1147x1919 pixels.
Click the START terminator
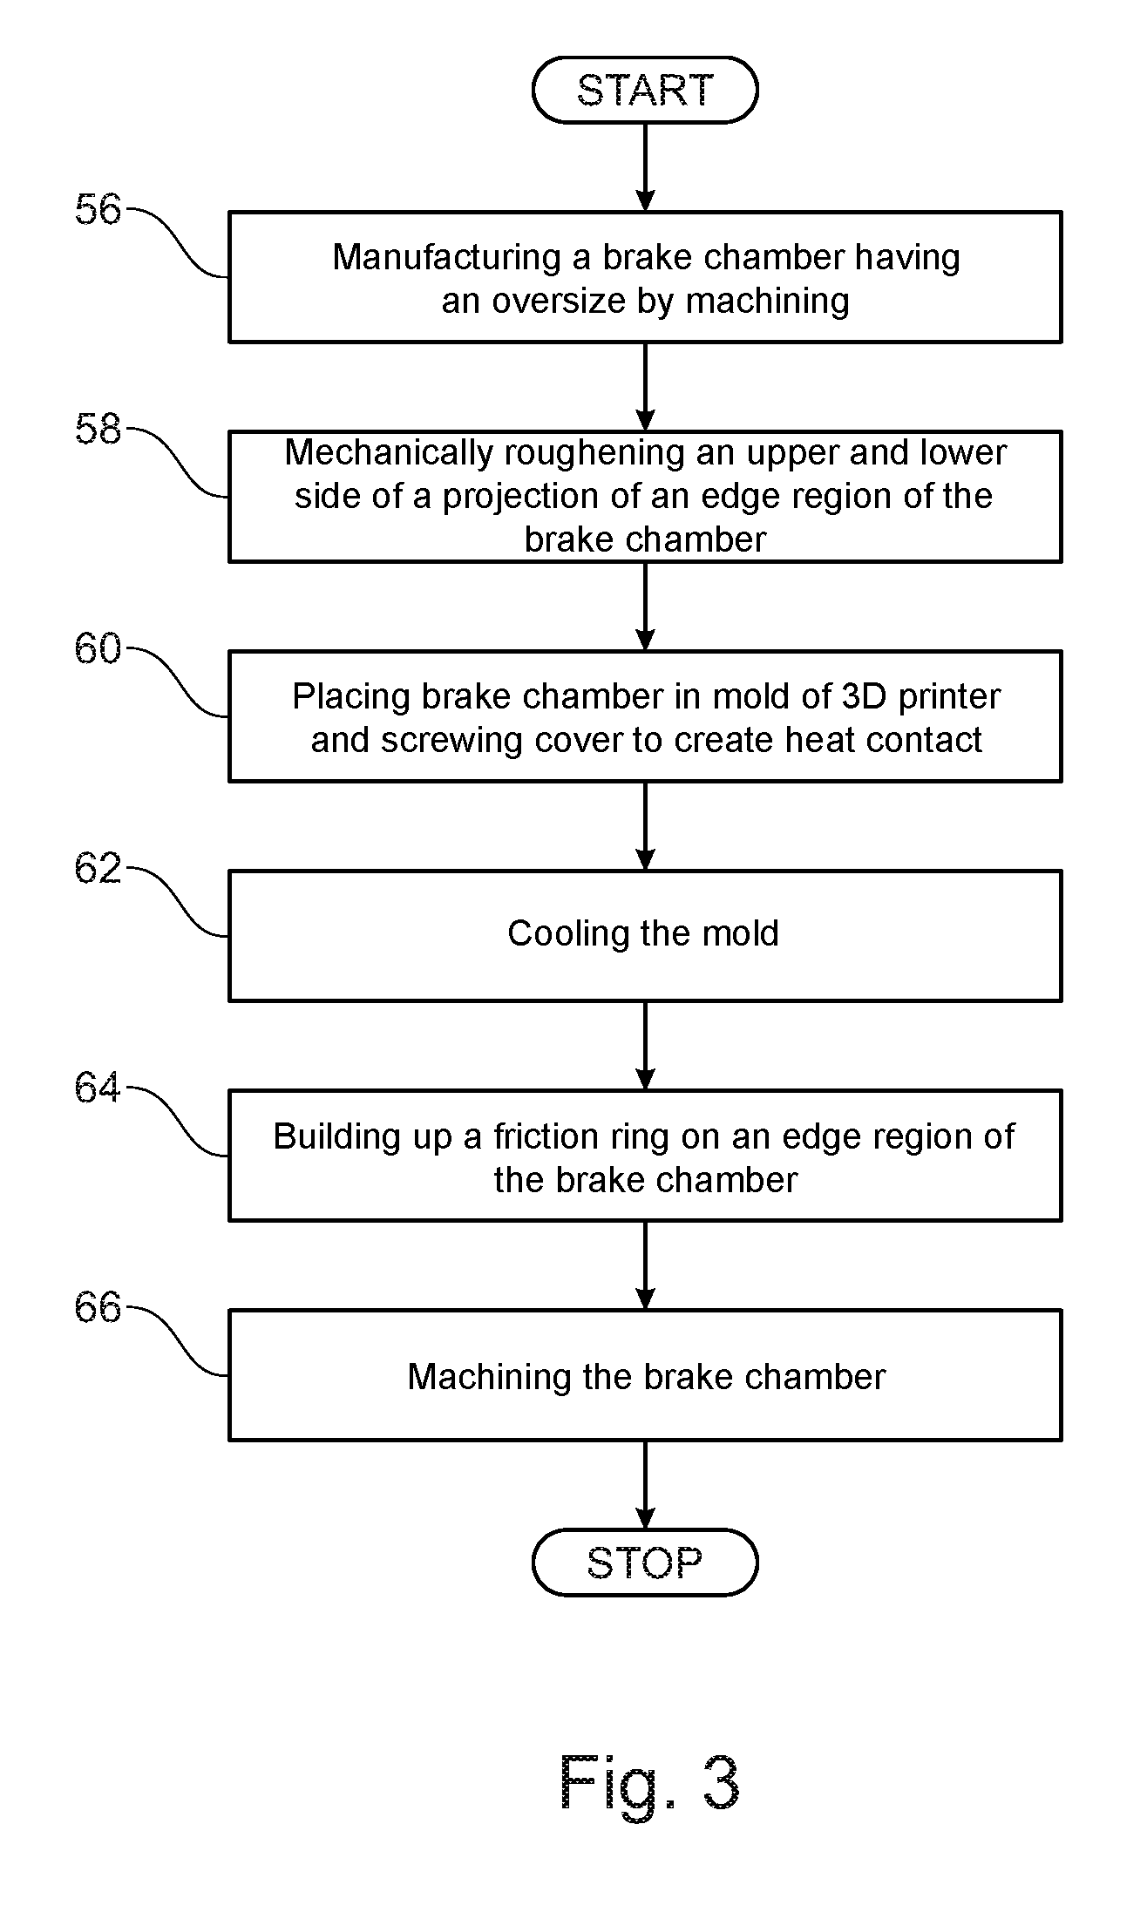pyautogui.click(x=645, y=90)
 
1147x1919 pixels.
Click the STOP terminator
pyautogui.click(x=645, y=1563)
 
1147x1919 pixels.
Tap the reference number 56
pyautogui.click(x=98, y=210)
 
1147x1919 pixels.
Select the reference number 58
pyautogui.click(x=98, y=430)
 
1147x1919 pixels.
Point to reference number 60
pyautogui.click(x=98, y=649)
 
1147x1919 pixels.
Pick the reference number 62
pyautogui.click(x=98, y=869)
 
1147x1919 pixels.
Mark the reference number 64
pyautogui.click(x=98, y=1088)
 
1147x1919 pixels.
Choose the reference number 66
pyautogui.click(x=98, y=1308)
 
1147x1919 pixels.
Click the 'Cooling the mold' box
pyautogui.click(x=645, y=936)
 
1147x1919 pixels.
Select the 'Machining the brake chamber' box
pyautogui.click(x=645, y=1375)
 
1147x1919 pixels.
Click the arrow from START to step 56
pyautogui.click(x=645, y=166)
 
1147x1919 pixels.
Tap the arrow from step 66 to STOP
pyautogui.click(x=645, y=1485)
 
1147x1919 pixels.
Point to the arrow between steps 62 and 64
pyautogui.click(x=645, y=1046)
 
